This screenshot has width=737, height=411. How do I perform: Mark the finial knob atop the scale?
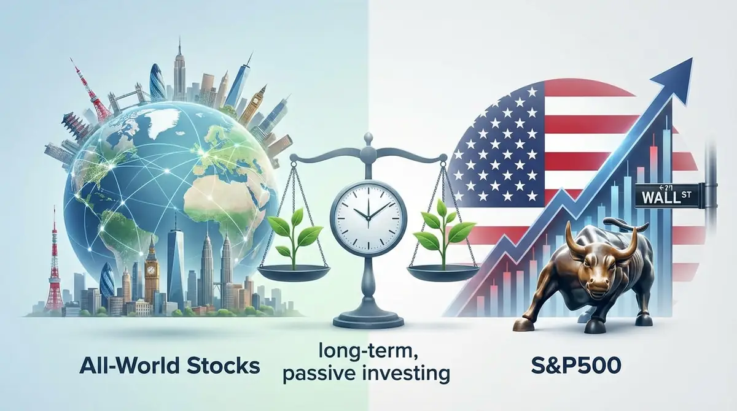pos(367,136)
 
